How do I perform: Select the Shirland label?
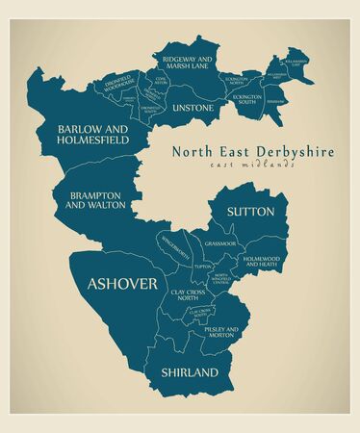pyautogui.click(x=190, y=371)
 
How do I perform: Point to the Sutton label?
pyautogui.click(x=250, y=211)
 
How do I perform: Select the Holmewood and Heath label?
pyautogui.click(x=261, y=261)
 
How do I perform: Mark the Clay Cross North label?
pyautogui.click(x=190, y=295)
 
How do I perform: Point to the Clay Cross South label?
pyautogui.click(x=200, y=313)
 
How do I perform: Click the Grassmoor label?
pyautogui.click(x=220, y=244)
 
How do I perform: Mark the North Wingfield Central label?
pyautogui.click(x=222, y=280)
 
